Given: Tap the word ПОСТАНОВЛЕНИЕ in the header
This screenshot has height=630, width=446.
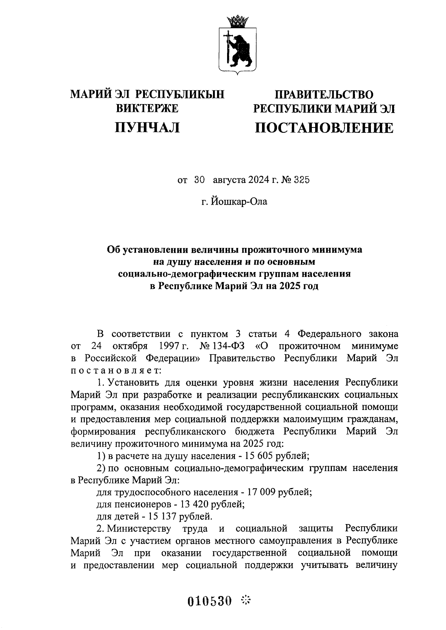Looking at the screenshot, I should click(x=324, y=128).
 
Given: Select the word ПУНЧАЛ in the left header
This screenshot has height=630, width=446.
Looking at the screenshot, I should click(x=148, y=127).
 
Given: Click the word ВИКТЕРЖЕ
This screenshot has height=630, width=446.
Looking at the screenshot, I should click(x=148, y=109).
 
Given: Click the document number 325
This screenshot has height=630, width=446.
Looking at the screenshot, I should click(x=301, y=180).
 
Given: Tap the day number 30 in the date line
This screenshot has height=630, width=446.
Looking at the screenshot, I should click(x=199, y=180).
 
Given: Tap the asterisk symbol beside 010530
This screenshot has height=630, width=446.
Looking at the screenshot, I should click(x=246, y=600).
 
